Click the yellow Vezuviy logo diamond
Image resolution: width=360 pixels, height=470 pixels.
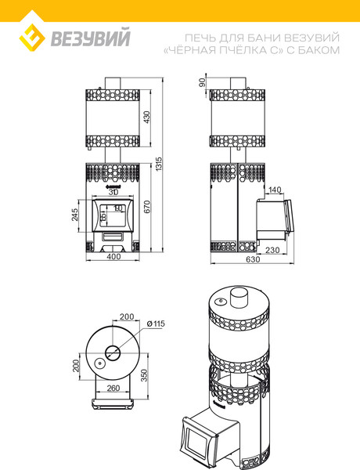(x=32, y=38)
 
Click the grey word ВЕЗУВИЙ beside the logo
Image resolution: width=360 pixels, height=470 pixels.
(x=91, y=37)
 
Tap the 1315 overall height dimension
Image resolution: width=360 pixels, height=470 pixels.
(x=159, y=164)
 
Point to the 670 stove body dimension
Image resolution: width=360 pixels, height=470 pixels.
(x=147, y=207)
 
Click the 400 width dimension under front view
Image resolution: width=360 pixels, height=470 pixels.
(x=113, y=256)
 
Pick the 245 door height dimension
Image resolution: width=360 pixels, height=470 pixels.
(x=75, y=215)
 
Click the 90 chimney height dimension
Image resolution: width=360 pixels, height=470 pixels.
(x=202, y=82)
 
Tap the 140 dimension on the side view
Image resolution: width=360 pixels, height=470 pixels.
(x=275, y=190)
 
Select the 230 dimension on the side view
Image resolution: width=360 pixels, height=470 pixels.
(x=272, y=250)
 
